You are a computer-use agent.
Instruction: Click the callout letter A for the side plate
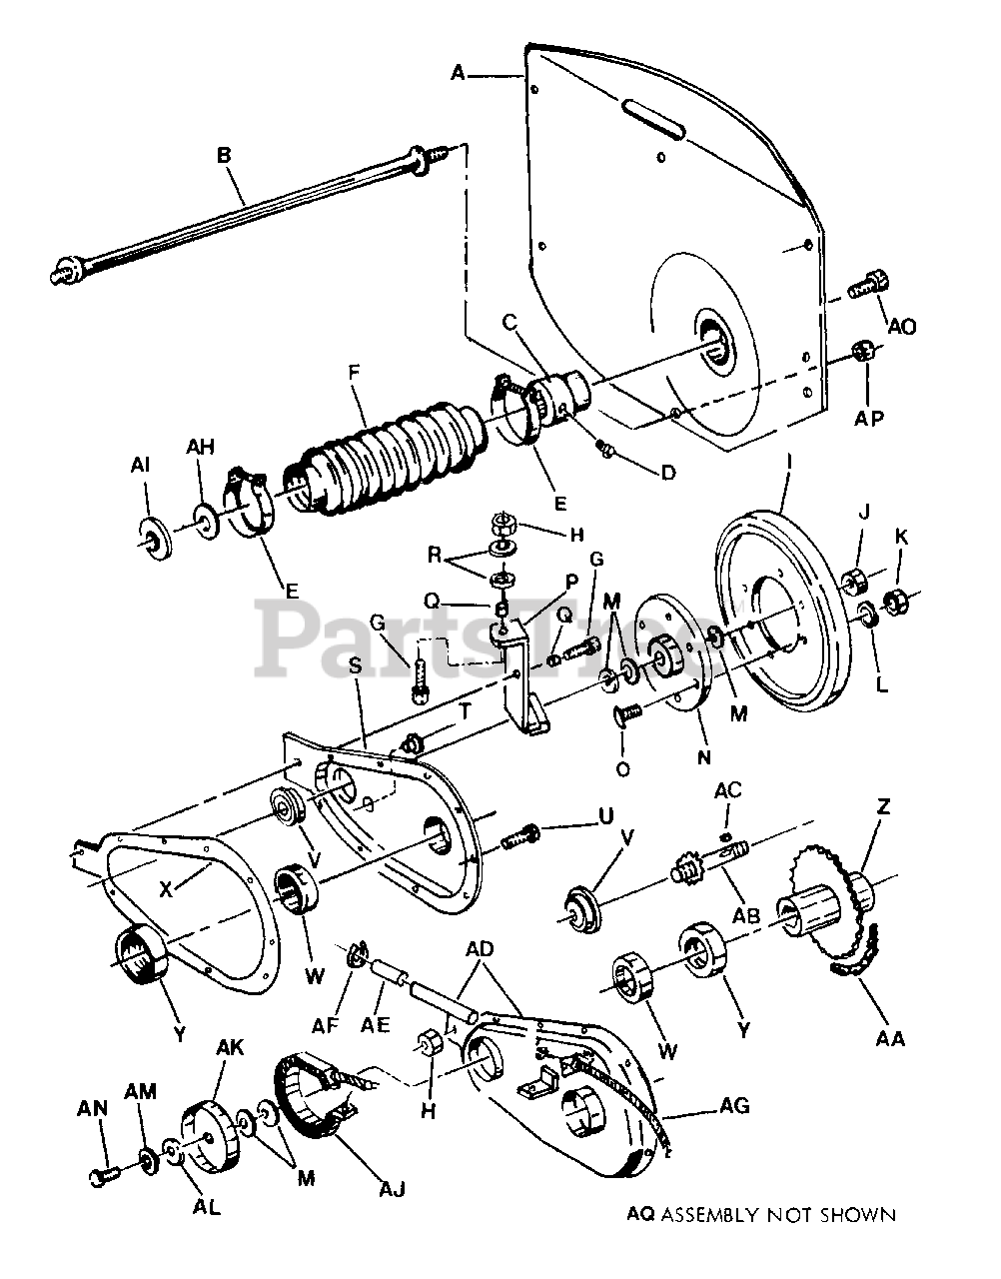459,72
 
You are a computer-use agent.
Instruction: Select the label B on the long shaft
225,156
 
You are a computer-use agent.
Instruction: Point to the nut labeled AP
865,351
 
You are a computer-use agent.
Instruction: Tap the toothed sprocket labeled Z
826,889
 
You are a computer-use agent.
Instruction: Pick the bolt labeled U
516,837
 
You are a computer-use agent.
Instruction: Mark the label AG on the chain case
733,1106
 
